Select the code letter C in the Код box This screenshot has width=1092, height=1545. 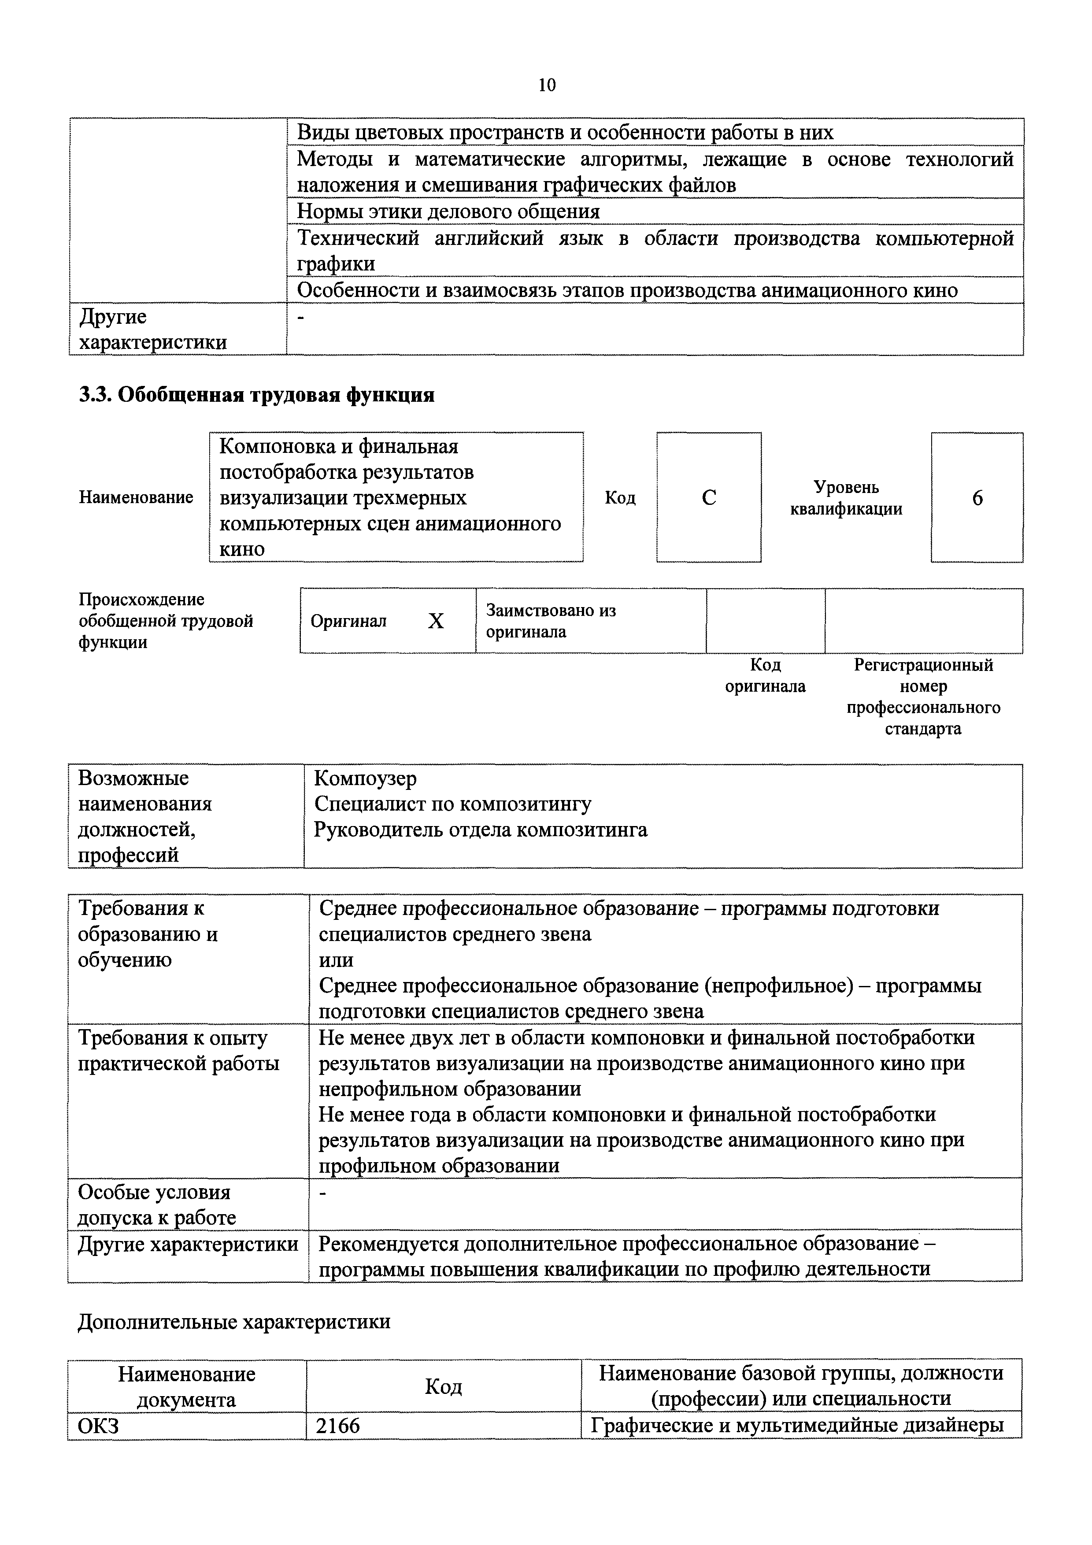tap(708, 498)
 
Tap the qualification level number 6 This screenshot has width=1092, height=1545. tap(977, 498)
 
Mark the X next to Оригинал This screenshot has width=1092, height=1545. tap(436, 621)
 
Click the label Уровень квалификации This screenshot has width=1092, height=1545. tap(846, 498)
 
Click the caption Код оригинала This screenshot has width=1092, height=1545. tap(765, 676)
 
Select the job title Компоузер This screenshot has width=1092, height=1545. tap(365, 778)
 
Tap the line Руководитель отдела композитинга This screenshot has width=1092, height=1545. tap(481, 830)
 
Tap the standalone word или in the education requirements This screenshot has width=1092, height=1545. tap(336, 960)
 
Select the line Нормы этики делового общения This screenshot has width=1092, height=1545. tap(448, 212)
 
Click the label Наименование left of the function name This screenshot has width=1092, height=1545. tap(136, 497)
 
